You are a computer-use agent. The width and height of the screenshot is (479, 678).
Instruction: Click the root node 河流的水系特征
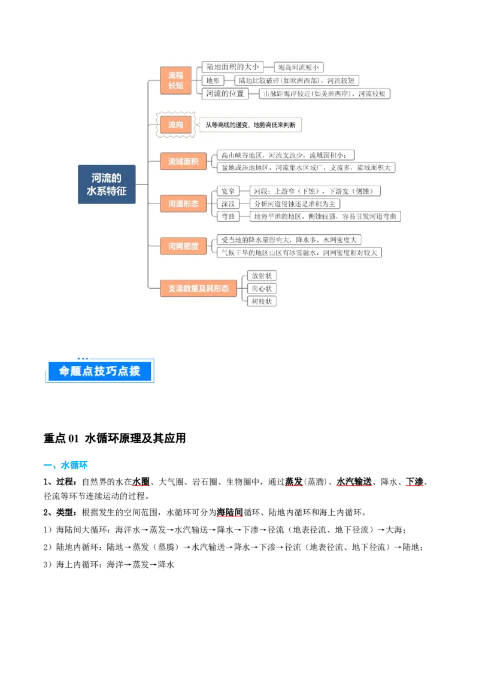107,184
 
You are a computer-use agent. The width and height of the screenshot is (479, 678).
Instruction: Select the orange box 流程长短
175,80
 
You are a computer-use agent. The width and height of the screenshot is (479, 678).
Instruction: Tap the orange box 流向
175,125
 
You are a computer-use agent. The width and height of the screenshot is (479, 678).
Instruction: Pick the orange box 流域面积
183,161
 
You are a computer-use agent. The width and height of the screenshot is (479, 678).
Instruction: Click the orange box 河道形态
183,204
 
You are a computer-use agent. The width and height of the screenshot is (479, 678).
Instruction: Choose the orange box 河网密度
183,246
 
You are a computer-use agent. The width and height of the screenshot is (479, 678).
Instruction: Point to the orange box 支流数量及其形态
198,288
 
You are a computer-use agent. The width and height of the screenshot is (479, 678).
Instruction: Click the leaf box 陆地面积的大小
231,67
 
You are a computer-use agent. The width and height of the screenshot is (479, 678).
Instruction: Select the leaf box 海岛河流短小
298,68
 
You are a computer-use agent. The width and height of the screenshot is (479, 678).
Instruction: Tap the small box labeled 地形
213,80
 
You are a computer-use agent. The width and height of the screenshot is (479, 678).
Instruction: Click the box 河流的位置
225,93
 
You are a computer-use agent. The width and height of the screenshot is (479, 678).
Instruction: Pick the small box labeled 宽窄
228,191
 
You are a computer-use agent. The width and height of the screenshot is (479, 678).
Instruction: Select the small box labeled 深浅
228,204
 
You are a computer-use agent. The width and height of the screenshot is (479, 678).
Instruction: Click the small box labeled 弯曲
228,216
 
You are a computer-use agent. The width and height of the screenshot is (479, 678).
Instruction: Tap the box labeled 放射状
262,276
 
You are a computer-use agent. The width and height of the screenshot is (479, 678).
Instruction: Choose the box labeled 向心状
262,289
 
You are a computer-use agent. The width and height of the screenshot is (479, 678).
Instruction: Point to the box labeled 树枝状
262,301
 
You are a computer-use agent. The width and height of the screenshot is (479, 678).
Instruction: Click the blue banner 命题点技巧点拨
99,371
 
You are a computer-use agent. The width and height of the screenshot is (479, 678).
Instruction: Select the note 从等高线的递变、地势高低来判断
250,125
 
